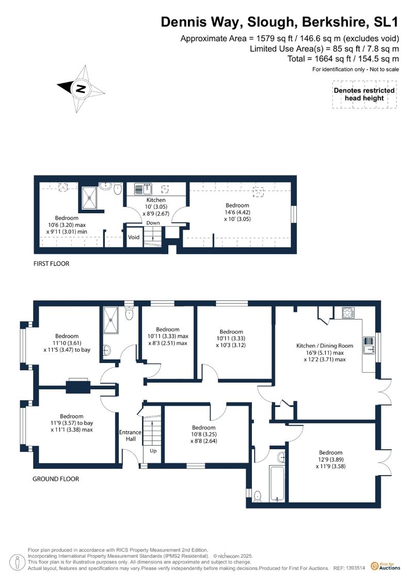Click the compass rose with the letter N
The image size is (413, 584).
81,89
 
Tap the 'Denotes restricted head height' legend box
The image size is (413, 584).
364,94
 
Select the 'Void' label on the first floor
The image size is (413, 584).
134,237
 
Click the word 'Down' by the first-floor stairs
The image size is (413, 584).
153,223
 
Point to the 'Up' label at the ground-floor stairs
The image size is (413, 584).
153,451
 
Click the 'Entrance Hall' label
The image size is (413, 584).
130,435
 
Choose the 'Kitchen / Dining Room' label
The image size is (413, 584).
324,345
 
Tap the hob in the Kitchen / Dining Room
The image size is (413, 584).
348,312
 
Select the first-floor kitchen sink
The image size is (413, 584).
142,189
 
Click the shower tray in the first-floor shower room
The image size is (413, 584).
89,197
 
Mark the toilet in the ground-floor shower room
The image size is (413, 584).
129,313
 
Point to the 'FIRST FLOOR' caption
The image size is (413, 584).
52,264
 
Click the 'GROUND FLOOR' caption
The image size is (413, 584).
56,479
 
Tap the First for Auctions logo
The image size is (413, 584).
386,566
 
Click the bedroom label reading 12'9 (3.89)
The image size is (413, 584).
330,460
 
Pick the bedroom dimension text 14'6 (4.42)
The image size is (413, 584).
237,212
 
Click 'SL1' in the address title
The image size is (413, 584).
386,22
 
